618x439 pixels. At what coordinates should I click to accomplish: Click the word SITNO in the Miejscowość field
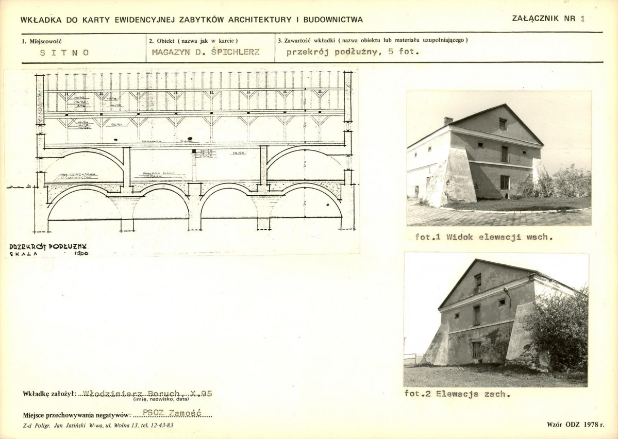click(x=64, y=53)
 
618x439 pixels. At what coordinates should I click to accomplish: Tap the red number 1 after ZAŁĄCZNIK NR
click(x=582, y=19)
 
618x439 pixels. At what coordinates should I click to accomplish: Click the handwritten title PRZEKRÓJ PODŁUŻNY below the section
click(x=48, y=247)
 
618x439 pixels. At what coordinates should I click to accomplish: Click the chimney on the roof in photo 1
click(x=448, y=121)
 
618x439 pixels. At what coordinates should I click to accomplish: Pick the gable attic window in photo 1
click(x=503, y=124)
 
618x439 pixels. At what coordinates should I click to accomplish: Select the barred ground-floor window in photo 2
click(x=476, y=350)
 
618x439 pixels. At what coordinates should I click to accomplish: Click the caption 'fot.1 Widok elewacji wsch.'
click(x=484, y=238)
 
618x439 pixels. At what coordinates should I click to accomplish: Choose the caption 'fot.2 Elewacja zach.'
click(x=457, y=394)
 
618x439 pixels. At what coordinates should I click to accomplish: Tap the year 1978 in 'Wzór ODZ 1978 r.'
click(x=589, y=425)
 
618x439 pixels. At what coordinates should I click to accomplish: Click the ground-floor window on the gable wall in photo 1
click(x=504, y=182)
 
